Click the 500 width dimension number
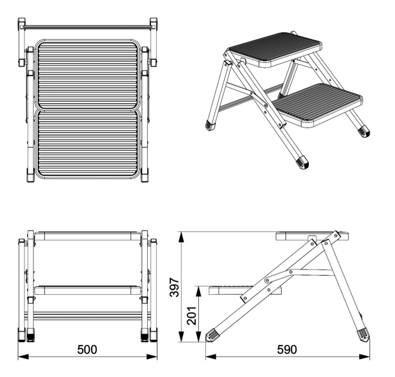point(87,349)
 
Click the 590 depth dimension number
point(287,349)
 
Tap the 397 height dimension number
point(174,287)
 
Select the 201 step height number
point(192,315)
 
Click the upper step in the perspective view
point(274,49)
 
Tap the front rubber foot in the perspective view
point(303,162)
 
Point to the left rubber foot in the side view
point(211,335)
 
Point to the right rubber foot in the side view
point(364,334)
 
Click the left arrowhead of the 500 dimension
point(23,357)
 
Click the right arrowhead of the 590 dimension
point(365,357)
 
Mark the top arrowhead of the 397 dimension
point(181,238)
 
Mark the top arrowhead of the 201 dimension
point(199,292)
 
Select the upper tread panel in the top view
point(87,75)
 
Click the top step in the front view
point(87,236)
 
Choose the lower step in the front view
point(87,290)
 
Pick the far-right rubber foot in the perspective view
point(364,131)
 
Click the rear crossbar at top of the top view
point(87,26)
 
